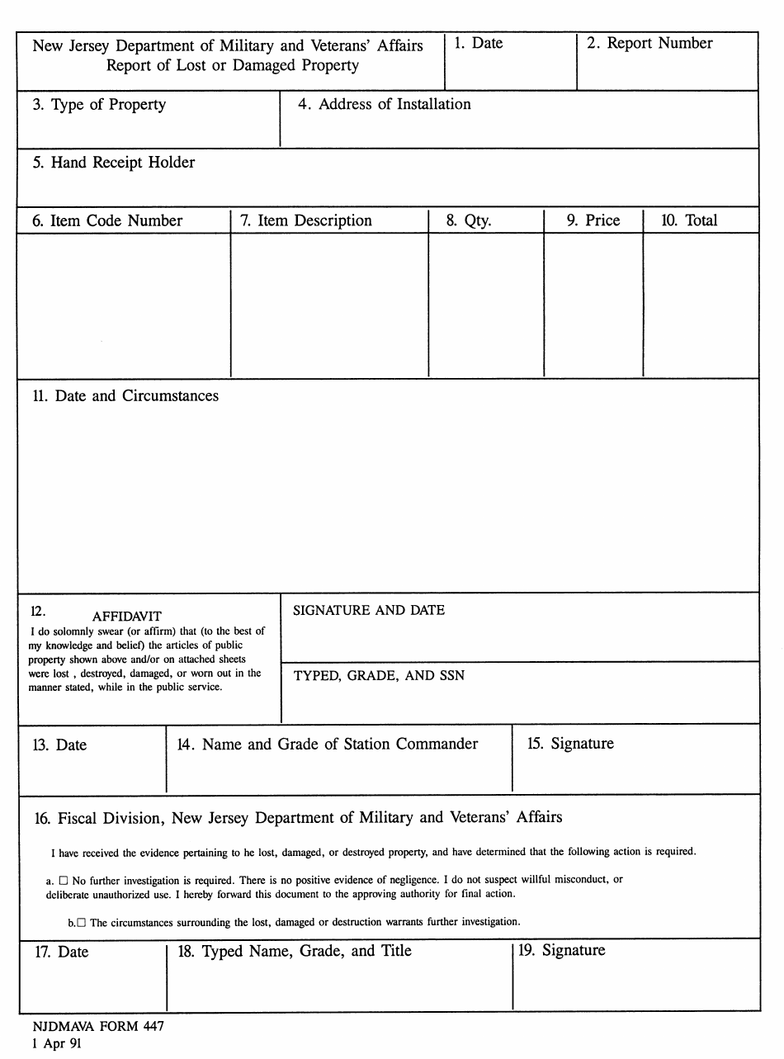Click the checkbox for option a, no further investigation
[x=64, y=881]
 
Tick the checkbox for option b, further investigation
[x=81, y=922]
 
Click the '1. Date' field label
[x=478, y=44]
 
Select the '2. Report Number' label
[x=649, y=44]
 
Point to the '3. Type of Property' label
[x=99, y=105]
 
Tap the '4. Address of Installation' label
[x=384, y=105]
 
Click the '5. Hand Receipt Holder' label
[x=114, y=163]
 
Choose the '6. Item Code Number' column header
[x=107, y=221]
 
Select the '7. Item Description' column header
[x=305, y=221]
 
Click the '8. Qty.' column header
[x=468, y=221]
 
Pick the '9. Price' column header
[x=593, y=221]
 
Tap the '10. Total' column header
[x=689, y=221]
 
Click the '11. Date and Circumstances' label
[x=125, y=396]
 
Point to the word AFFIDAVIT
[x=127, y=617]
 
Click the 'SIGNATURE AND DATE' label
[x=369, y=611]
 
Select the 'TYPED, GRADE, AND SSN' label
[x=379, y=675]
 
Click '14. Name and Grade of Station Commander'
[x=328, y=745]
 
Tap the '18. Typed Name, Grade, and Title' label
[x=295, y=951]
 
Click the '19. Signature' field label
[x=561, y=951]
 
